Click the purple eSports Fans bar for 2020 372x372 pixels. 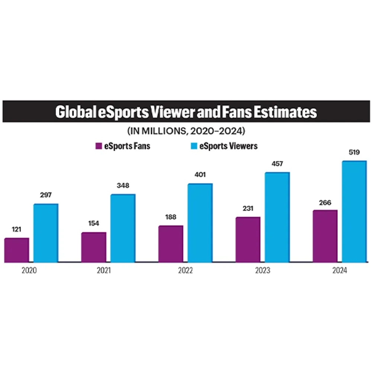click(x=17, y=250)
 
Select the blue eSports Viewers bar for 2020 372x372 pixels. click(x=46, y=233)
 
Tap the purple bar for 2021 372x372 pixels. click(x=94, y=247)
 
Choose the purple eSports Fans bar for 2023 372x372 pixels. click(x=248, y=240)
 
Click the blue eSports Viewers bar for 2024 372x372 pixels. click(x=354, y=212)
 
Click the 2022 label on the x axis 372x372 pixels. click(x=185, y=271)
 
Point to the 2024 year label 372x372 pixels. click(x=339, y=271)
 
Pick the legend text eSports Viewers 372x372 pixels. click(x=228, y=146)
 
